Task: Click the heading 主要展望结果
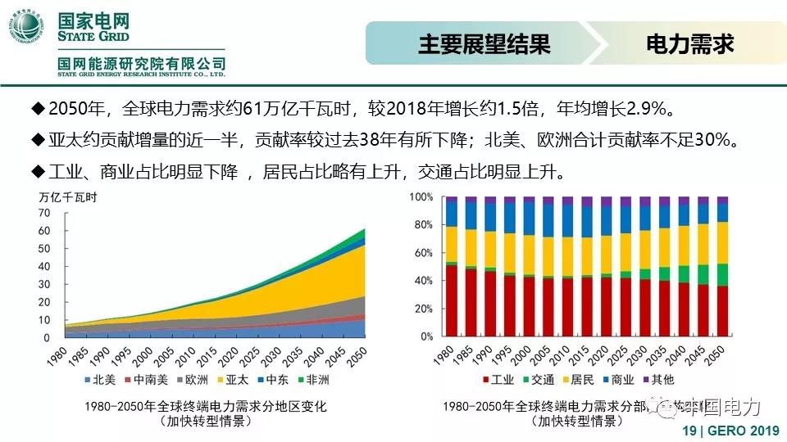click(484, 43)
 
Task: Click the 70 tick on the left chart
click(44, 212)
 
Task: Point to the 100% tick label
click(420, 197)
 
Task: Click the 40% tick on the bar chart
click(421, 281)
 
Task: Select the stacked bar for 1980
click(451, 266)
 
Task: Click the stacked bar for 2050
click(722, 266)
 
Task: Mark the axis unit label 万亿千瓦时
click(67, 196)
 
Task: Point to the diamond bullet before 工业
click(36, 171)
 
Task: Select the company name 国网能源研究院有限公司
click(141, 63)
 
